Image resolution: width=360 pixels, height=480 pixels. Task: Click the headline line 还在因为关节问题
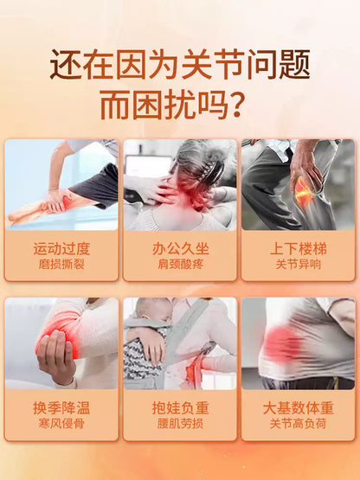180,65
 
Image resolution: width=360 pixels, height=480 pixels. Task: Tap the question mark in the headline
236,105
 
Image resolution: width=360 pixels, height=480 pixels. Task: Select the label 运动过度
61,249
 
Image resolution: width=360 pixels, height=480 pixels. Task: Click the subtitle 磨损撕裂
61,264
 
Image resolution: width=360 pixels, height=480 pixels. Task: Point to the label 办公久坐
181,249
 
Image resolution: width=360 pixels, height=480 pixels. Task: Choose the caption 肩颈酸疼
181,264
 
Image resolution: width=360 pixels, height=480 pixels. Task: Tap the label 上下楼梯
299,249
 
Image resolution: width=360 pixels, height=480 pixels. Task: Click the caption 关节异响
299,264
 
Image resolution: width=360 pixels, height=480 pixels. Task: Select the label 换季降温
61,408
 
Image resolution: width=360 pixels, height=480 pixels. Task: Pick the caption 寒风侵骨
61,424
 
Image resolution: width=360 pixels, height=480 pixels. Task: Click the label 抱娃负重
181,408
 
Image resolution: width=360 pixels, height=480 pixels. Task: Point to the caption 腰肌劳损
181,424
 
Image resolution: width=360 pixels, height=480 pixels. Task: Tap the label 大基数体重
299,408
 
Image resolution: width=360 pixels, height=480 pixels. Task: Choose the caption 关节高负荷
299,424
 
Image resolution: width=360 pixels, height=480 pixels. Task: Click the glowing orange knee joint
305,194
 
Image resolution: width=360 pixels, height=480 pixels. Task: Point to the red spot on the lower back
281,342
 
